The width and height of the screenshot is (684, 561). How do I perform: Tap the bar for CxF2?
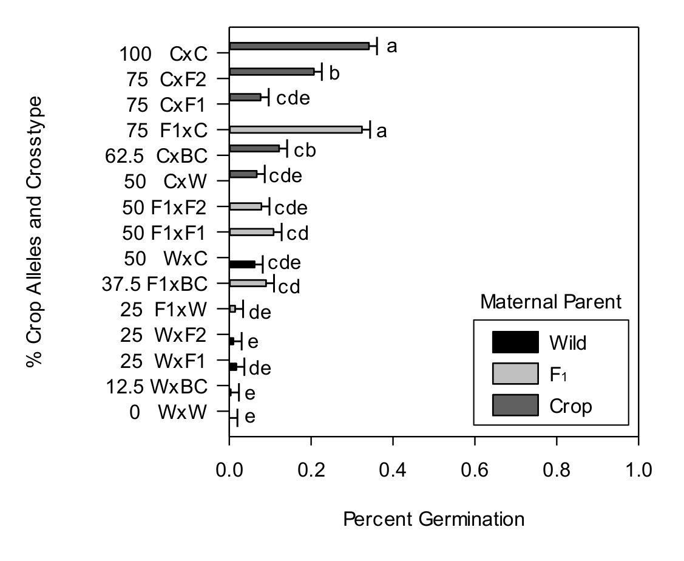coord(271,72)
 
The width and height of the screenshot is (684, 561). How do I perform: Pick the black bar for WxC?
coord(242,264)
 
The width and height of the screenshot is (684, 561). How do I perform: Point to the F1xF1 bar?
coord(251,231)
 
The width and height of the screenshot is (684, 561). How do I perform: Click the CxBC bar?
coord(254,148)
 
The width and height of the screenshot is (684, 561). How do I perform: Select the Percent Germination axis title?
coord(434,520)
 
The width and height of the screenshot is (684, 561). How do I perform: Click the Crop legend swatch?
coord(515,406)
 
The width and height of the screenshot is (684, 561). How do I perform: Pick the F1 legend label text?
coord(557,375)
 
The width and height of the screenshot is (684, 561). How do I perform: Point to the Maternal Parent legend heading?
coord(551,302)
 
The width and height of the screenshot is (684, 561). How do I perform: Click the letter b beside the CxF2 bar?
coord(334,73)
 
